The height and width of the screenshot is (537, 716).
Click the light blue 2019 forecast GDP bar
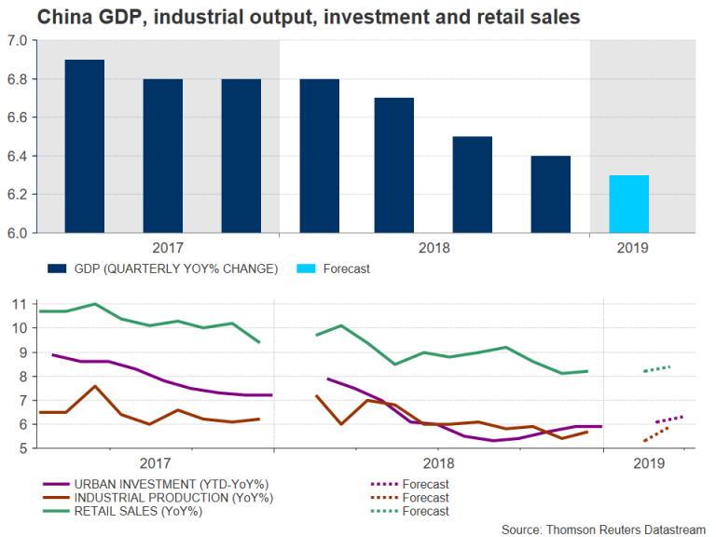628,204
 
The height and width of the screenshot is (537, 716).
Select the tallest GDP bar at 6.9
84,146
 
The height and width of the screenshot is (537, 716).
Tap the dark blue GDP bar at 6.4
550,194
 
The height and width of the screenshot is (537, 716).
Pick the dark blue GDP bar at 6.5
473,185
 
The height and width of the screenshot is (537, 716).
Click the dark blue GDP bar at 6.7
393,165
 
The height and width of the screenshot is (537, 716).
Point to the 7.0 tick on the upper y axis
18,41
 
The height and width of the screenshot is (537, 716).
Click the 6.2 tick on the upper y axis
18,195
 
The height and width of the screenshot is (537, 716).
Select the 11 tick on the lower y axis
19,304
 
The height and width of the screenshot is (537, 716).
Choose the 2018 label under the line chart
437,463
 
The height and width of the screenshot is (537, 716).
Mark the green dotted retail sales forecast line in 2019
656,368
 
